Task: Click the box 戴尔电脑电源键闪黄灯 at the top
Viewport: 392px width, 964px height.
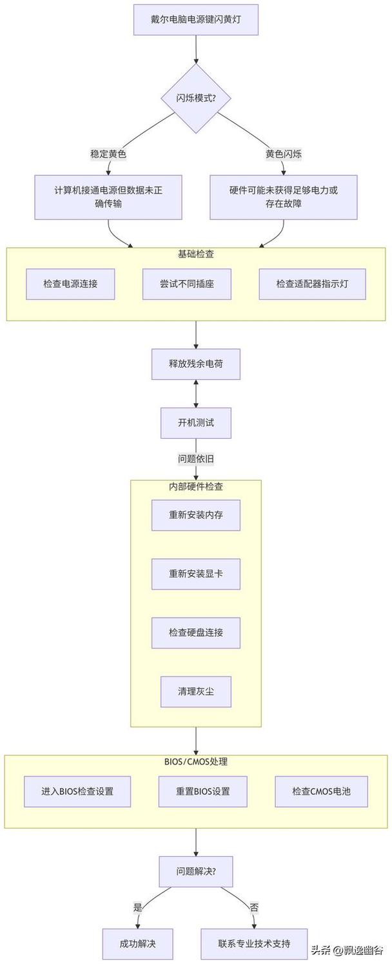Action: point(195,19)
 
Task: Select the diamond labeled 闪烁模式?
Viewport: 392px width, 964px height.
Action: point(195,98)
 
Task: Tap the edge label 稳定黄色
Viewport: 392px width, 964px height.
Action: point(108,154)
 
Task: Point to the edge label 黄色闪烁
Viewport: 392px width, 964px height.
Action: point(284,154)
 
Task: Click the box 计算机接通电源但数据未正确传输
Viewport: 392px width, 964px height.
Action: point(108,197)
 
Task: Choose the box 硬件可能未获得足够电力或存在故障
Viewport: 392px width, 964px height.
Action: point(284,197)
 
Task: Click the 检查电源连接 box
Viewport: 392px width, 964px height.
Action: point(70,284)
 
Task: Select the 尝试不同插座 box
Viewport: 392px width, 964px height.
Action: point(186,284)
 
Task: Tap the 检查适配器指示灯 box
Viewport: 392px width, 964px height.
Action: point(312,284)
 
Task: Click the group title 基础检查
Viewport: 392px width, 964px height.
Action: point(195,254)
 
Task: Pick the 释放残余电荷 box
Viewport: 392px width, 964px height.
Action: point(195,365)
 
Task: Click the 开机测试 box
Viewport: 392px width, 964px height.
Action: point(195,423)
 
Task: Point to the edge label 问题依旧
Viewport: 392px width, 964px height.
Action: point(195,459)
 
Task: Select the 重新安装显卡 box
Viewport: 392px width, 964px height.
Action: point(195,574)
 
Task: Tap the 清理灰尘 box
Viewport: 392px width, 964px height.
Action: point(195,691)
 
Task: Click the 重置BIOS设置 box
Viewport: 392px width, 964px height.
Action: point(202,791)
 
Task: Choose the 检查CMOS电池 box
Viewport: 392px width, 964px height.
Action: point(321,791)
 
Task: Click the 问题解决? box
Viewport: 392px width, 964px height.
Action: point(195,871)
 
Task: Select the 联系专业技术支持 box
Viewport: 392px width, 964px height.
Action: point(254,944)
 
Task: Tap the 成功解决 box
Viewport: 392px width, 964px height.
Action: point(137,944)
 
